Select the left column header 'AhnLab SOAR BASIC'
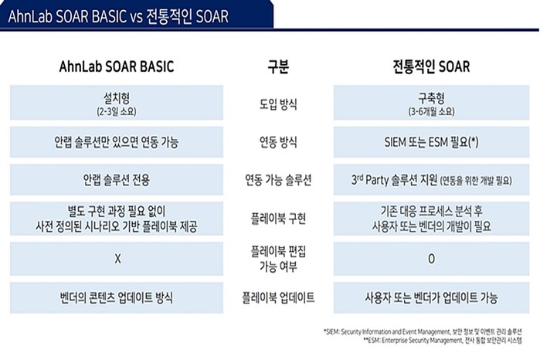(x=117, y=67)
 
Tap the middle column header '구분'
(x=278, y=67)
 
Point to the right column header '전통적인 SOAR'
(x=431, y=67)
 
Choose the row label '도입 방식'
(x=278, y=103)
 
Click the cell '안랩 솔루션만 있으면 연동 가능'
(x=117, y=142)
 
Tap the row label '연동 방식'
(x=278, y=142)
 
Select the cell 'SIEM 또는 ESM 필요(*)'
(x=431, y=142)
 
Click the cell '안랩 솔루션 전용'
(x=117, y=180)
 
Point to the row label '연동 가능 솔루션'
(x=278, y=180)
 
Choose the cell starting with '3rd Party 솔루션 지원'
(x=431, y=180)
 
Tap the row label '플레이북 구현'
(x=278, y=219)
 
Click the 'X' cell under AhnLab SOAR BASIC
(x=117, y=258)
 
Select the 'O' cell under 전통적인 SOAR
(x=431, y=258)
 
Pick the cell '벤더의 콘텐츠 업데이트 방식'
(x=117, y=297)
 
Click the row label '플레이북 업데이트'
(x=278, y=297)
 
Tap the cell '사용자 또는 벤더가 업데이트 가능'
(x=431, y=297)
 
